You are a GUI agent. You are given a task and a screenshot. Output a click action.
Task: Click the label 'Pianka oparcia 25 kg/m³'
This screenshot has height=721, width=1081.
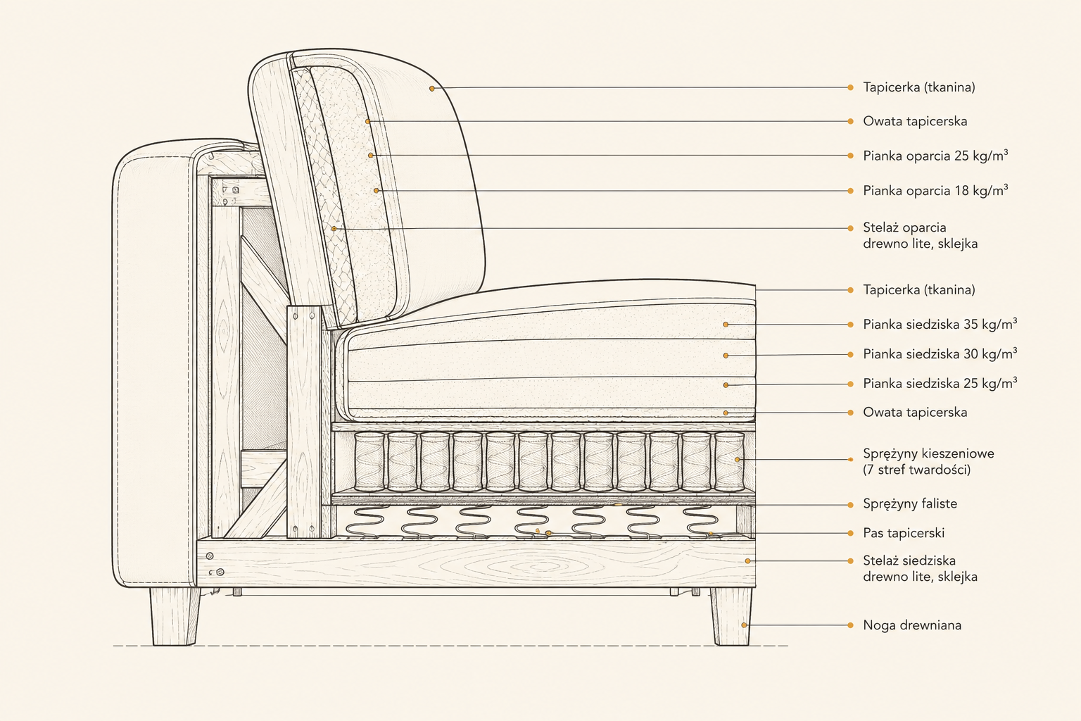[935, 156]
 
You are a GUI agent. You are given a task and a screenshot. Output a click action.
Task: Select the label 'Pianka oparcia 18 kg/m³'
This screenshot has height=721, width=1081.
[935, 190]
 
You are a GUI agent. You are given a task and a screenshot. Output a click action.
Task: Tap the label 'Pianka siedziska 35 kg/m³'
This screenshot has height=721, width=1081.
[940, 324]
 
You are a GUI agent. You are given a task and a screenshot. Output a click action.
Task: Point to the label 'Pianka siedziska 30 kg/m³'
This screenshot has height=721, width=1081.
[940, 354]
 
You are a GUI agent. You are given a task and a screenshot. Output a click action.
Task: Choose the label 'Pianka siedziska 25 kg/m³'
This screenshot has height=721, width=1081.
[940, 384]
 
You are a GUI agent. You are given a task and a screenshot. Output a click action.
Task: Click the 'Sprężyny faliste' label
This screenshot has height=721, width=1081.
[910, 503]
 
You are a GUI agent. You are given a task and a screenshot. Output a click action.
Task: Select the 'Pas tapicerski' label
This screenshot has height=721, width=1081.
[904, 533]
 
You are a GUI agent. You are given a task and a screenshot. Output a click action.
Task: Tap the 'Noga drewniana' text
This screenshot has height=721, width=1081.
[912, 625]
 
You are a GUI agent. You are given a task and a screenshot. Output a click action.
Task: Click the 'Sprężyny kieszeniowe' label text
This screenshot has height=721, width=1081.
[928, 454]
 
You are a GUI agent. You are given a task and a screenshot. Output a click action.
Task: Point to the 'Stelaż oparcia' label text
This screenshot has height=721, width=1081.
[904, 227]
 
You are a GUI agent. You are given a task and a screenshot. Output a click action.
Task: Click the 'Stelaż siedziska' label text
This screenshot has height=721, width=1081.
[909, 560]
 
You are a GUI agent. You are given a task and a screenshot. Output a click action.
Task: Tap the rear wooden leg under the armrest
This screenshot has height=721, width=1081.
[175, 616]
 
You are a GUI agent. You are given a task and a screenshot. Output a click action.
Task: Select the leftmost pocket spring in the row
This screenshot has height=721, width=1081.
[369, 461]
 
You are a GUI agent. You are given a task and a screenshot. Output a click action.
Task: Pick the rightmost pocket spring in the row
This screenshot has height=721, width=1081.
[729, 461]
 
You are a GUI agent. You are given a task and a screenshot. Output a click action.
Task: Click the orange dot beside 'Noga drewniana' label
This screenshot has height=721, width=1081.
[850, 625]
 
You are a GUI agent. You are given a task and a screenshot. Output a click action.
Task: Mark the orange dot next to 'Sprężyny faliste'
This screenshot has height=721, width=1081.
[850, 505]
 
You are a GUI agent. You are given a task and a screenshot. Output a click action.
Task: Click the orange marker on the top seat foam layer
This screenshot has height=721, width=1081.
[726, 325]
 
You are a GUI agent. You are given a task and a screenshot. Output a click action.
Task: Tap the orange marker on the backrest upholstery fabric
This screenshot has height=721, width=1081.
[432, 89]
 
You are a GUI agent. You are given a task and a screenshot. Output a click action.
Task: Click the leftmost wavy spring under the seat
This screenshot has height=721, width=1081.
[366, 522]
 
